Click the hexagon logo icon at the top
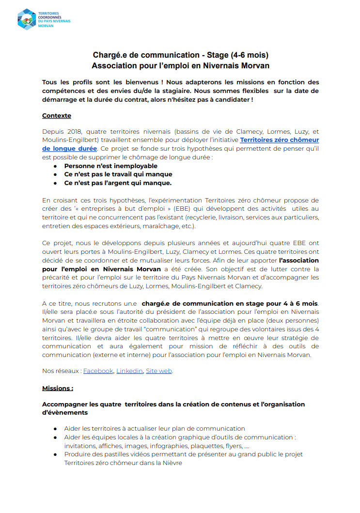click(x=27, y=19)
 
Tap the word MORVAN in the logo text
click(x=47, y=26)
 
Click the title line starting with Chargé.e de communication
click(x=180, y=55)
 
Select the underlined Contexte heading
click(x=57, y=116)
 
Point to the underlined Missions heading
click(x=58, y=388)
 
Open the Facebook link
click(x=98, y=371)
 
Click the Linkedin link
click(x=129, y=371)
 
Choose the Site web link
click(x=159, y=371)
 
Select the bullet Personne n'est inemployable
click(x=110, y=166)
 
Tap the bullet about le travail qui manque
click(x=118, y=174)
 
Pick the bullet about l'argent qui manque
click(x=118, y=183)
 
